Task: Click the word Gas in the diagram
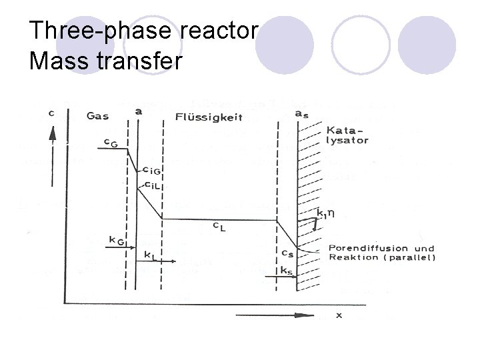(x=97, y=115)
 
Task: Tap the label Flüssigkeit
(x=209, y=118)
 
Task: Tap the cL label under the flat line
(x=218, y=227)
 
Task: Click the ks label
(x=285, y=270)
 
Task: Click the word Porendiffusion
(x=361, y=249)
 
